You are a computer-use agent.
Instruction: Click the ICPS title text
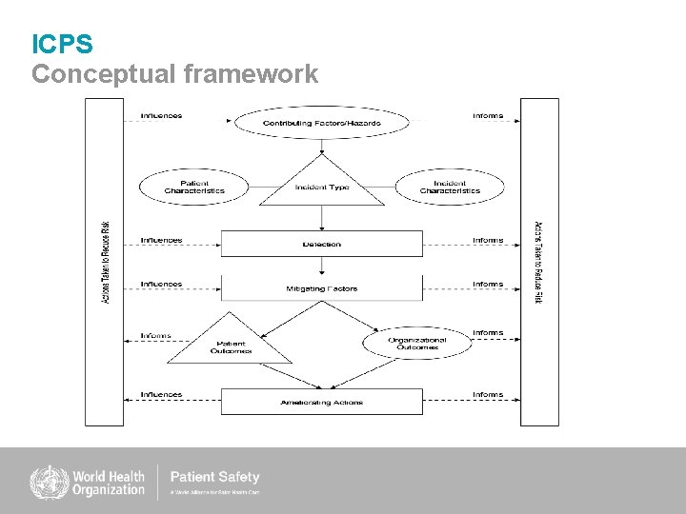[x=62, y=44]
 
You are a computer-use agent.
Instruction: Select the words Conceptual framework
[x=174, y=74]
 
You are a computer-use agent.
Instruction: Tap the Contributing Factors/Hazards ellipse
[x=322, y=123]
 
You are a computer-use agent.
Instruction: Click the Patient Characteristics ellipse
[x=193, y=187]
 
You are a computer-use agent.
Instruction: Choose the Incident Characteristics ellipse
[x=450, y=187]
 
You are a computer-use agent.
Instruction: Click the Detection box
[x=322, y=244]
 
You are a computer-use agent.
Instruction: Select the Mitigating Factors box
[x=322, y=287]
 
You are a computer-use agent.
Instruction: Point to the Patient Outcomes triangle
[x=230, y=346]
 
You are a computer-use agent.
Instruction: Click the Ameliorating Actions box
[x=322, y=402]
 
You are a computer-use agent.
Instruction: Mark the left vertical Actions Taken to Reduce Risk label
[x=105, y=262]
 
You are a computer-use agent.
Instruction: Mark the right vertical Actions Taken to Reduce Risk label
[x=538, y=262]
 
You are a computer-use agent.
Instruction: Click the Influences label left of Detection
[x=161, y=240]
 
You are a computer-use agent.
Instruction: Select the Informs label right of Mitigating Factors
[x=488, y=284]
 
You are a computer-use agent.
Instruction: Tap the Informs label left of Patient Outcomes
[x=155, y=335]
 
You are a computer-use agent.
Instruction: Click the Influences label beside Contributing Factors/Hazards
[x=161, y=116]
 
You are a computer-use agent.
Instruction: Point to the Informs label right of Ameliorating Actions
[x=488, y=394]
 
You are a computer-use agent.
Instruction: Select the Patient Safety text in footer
[x=214, y=477]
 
